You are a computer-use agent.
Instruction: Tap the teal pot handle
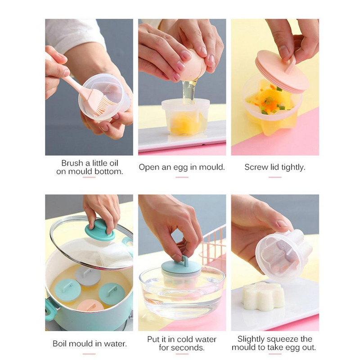(51, 310)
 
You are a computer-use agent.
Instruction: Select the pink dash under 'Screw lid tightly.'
(274, 177)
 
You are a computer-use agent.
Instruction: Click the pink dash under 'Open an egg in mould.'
(182, 177)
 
